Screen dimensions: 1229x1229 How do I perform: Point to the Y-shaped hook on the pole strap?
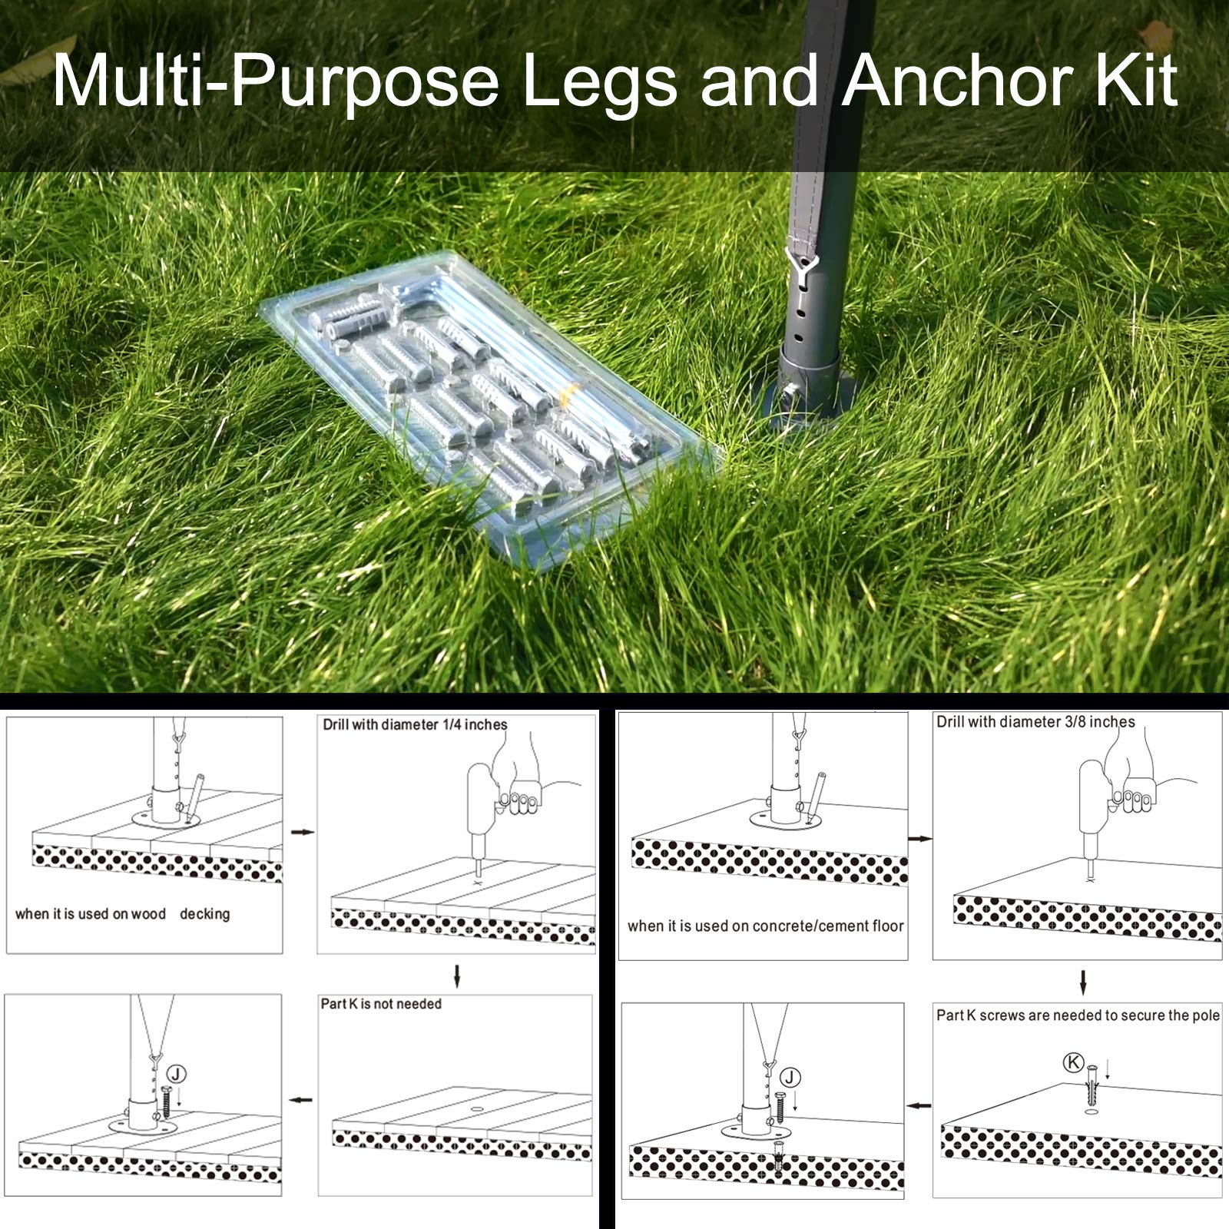pyautogui.click(x=802, y=263)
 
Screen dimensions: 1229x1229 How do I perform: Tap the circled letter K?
pyautogui.click(x=1073, y=1062)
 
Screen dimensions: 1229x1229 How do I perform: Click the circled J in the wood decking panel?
pyautogui.click(x=177, y=1074)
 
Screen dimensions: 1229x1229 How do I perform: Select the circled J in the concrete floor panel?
pyautogui.click(x=790, y=1078)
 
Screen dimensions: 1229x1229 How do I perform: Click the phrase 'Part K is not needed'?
pyautogui.click(x=381, y=1004)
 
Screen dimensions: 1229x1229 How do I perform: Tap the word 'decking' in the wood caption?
pyautogui.click(x=204, y=914)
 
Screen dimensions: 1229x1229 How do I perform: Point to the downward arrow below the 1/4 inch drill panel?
pyautogui.click(x=457, y=976)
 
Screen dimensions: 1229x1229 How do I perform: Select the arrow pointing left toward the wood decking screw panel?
pyautogui.click(x=301, y=1100)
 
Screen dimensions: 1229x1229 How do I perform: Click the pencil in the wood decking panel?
pyautogui.click(x=194, y=799)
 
